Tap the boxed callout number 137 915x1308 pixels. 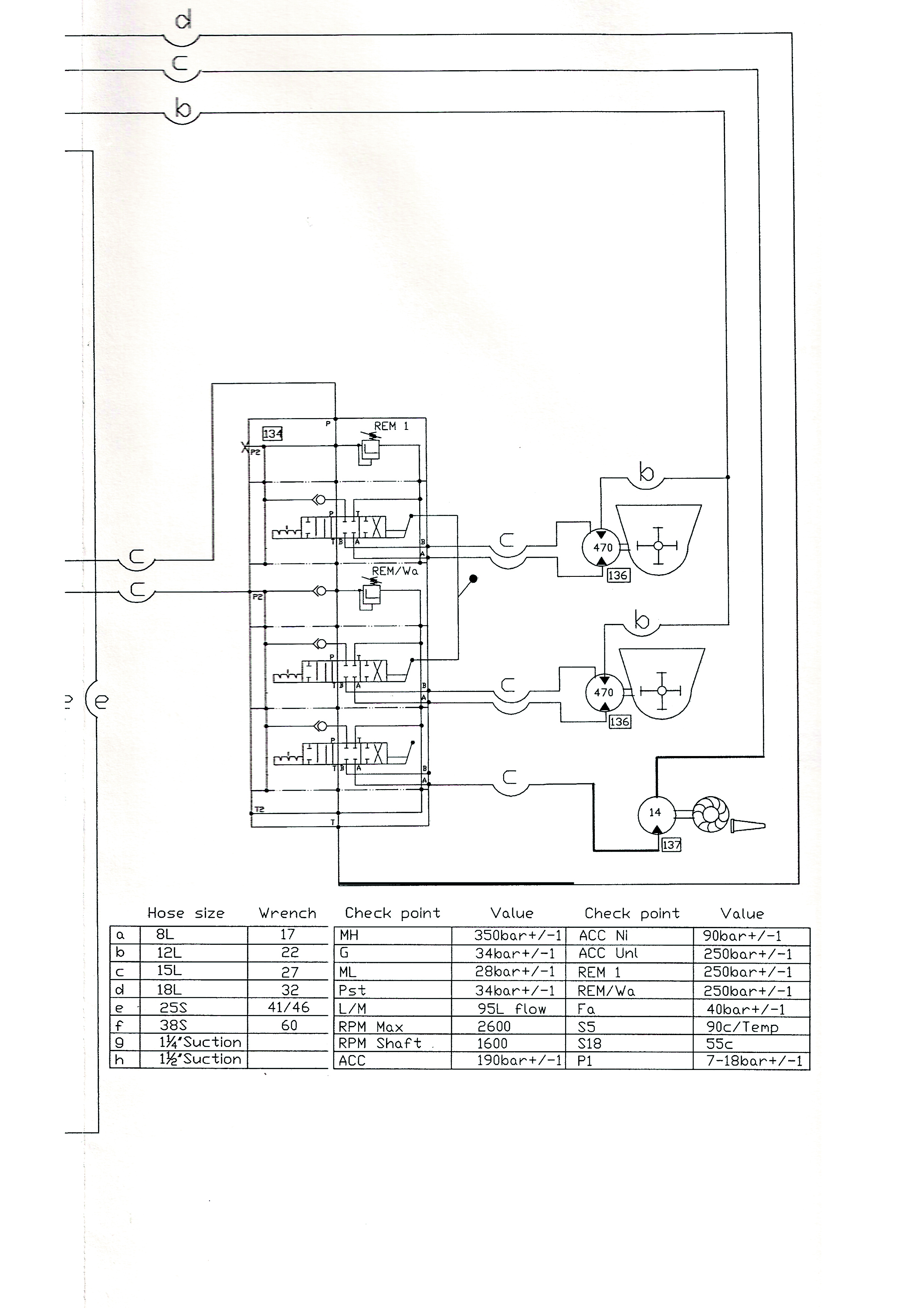point(671,845)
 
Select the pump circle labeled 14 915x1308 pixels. point(655,812)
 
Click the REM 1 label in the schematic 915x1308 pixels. point(391,426)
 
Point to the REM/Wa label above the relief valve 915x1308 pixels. point(395,571)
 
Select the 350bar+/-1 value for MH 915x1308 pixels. point(518,935)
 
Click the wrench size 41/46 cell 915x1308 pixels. point(289,1007)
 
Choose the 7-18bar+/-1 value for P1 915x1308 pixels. point(754,1061)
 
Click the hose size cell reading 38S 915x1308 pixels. point(173,1025)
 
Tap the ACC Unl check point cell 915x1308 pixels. point(608,953)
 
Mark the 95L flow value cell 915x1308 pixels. point(511,1009)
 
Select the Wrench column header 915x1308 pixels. point(287,913)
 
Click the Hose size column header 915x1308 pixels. point(186,913)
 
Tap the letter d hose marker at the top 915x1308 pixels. point(183,22)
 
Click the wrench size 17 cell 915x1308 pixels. point(287,934)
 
